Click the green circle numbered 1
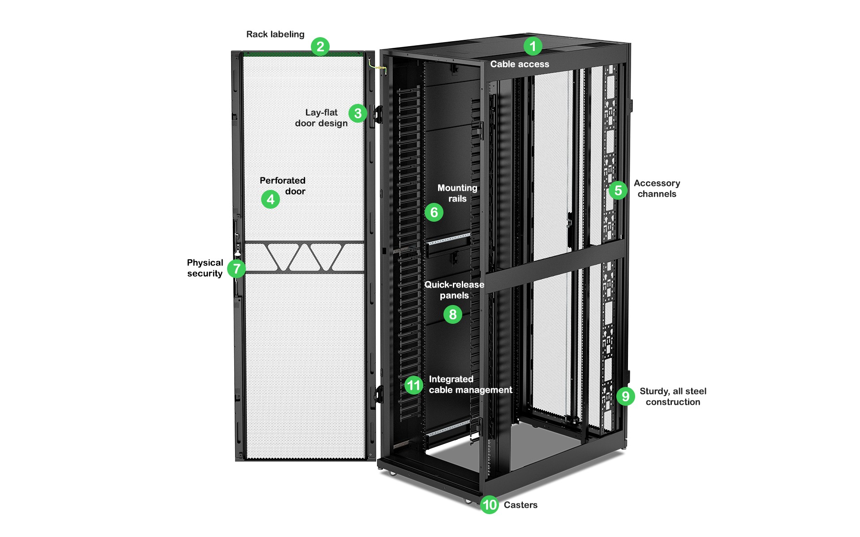[533, 46]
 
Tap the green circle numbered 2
[320, 47]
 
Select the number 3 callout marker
[357, 113]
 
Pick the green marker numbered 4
[271, 199]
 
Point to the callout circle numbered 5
[618, 190]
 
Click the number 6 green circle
[434, 212]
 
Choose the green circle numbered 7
[236, 269]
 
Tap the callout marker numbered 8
[453, 314]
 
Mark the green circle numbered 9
[626, 396]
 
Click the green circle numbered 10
[490, 505]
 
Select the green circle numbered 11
[413, 385]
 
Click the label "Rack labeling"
[275, 34]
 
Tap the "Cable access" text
[520, 64]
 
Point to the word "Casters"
[520, 505]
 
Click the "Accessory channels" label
[657, 189]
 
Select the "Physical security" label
[205, 268]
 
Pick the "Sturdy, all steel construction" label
[673, 396]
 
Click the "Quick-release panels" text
[454, 290]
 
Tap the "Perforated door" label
[283, 186]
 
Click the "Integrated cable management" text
[470, 384]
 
